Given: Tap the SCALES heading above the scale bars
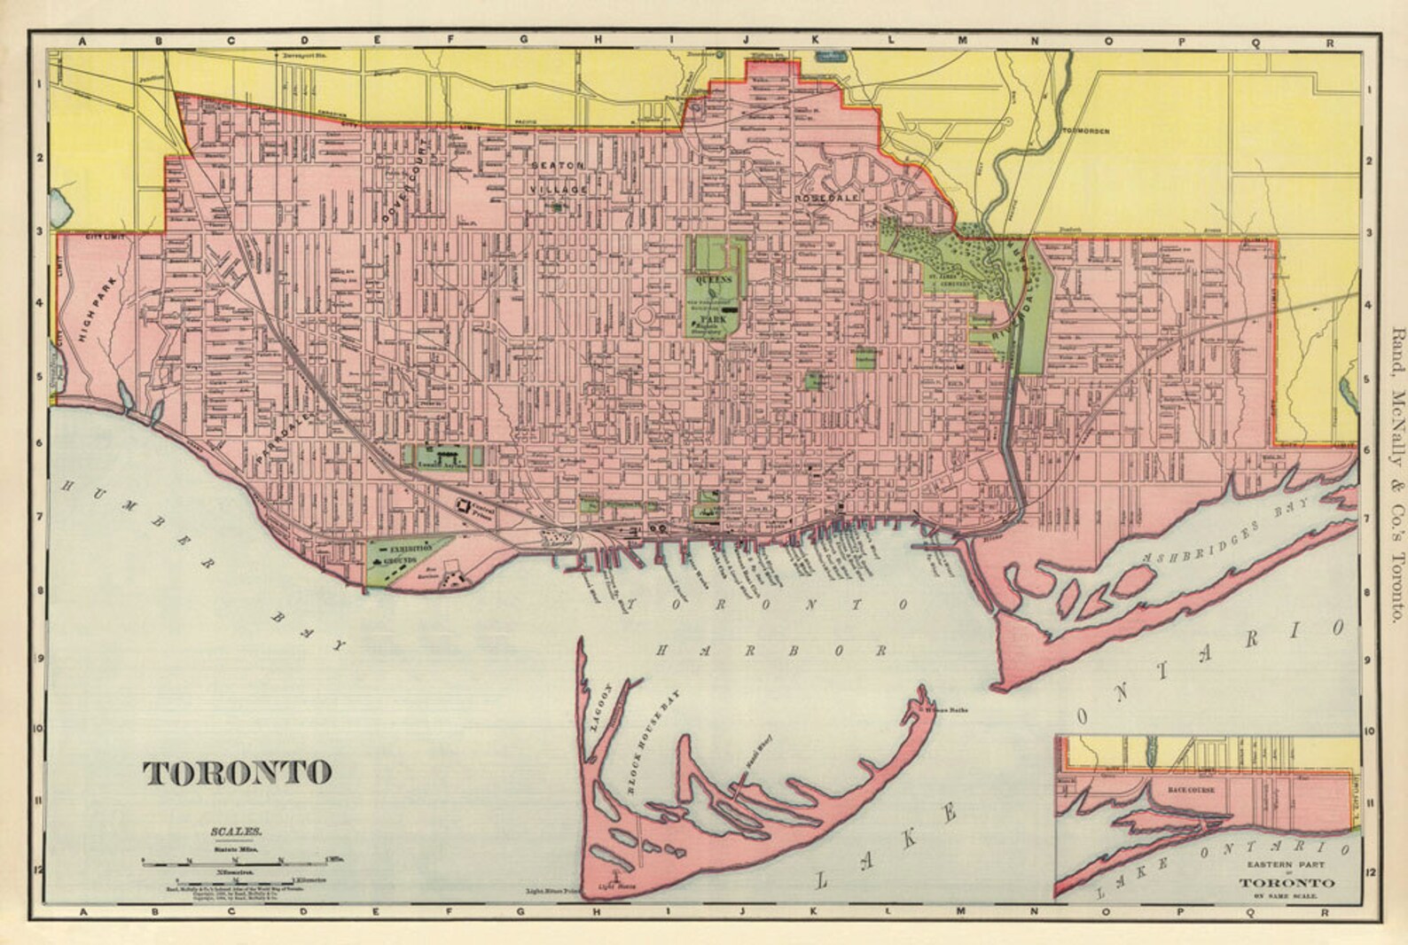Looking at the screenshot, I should (237, 832).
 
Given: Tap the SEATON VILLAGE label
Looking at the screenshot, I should (559, 178).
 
